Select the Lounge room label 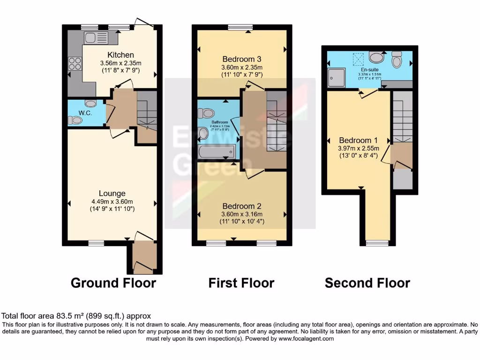[x=112, y=193]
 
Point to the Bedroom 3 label [x=241, y=59]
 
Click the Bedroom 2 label [x=241, y=206]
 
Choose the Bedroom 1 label [x=358, y=140]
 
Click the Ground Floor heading [x=113, y=283]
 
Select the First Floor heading [x=241, y=283]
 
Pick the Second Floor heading [x=367, y=283]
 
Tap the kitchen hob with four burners [x=75, y=63]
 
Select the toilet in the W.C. [x=75, y=120]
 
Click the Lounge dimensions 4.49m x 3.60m [x=112, y=202]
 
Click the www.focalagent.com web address [x=306, y=338]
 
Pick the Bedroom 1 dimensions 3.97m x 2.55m [x=358, y=149]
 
